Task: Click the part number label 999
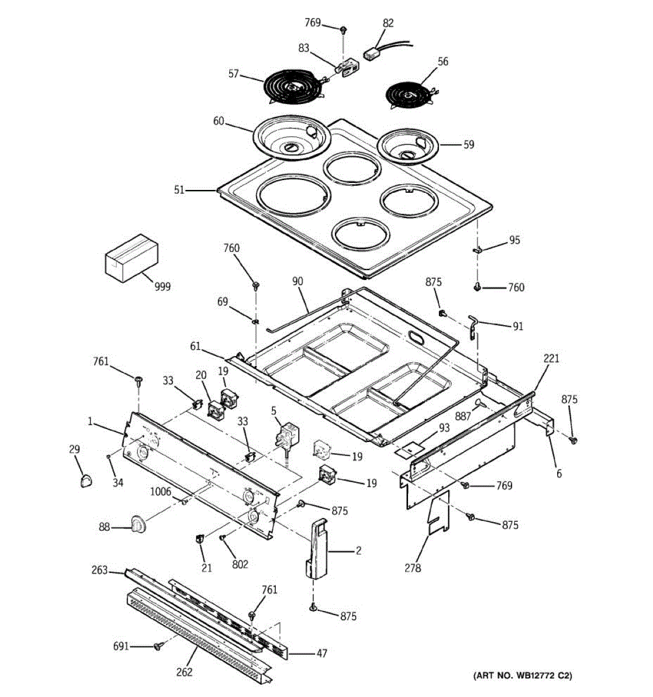click(163, 286)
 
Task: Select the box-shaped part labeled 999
click(131, 258)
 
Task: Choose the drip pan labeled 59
click(407, 145)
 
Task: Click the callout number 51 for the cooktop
click(179, 189)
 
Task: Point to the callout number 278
click(413, 567)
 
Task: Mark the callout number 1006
click(160, 492)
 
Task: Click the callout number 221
click(551, 358)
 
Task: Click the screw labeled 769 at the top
click(344, 28)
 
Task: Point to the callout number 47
click(321, 653)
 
